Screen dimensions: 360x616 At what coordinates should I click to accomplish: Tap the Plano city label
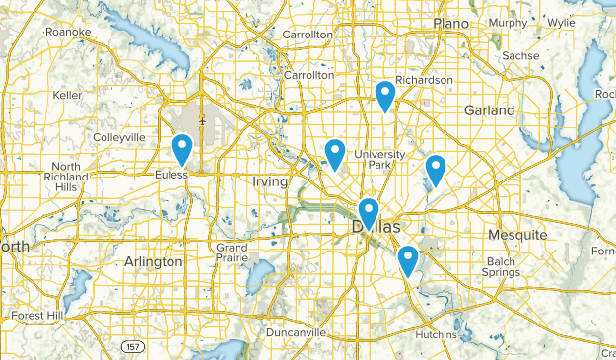450,23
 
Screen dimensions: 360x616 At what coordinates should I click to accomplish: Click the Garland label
490,110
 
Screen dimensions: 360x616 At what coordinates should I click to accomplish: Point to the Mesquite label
517,235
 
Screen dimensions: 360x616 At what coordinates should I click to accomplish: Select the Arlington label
155,261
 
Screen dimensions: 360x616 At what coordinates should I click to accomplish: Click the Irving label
270,181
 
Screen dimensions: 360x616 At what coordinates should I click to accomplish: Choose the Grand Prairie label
233,252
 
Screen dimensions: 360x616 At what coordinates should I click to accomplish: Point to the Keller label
67,95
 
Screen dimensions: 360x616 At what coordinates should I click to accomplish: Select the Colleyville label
118,137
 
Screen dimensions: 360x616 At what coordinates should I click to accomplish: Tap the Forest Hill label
37,316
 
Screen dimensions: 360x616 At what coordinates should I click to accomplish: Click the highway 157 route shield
132,347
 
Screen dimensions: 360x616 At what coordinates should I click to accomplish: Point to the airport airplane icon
202,121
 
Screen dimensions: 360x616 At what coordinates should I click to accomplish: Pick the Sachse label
519,56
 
